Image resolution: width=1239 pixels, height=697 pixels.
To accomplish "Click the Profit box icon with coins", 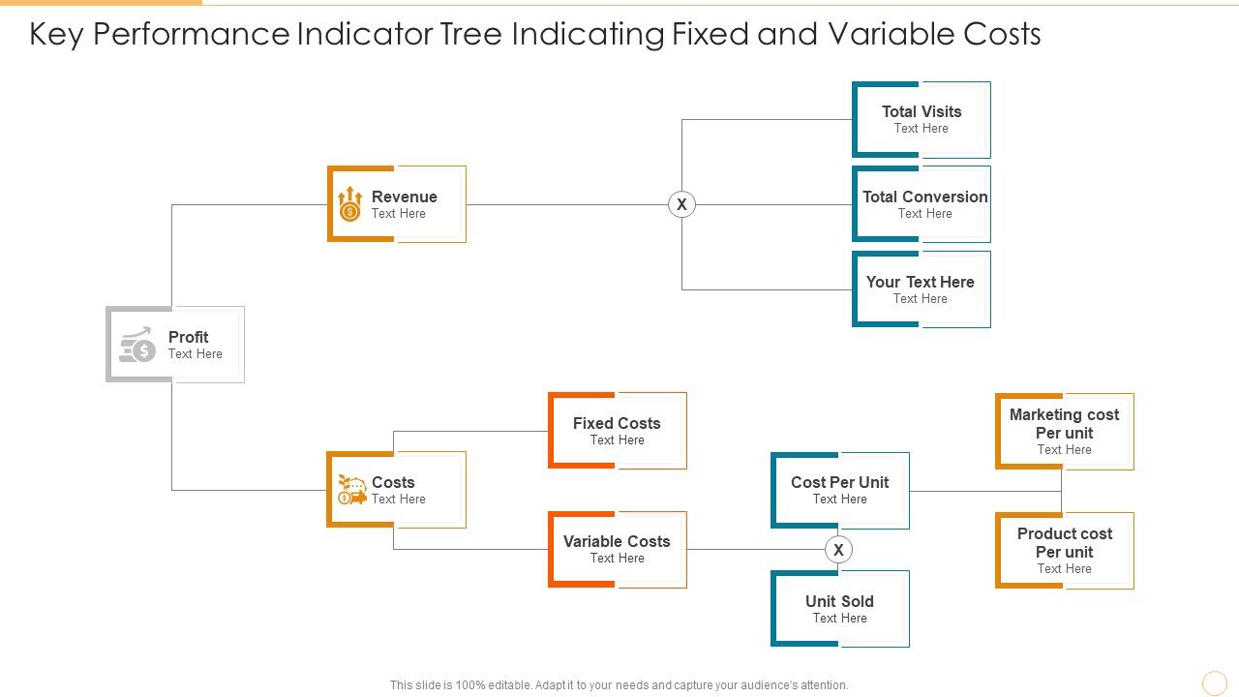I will (137, 345).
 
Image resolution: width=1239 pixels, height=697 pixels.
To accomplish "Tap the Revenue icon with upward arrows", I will (349, 204).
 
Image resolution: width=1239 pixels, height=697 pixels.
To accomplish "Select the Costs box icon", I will (351, 490).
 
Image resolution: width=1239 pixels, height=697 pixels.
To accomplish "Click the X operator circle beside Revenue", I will (681, 204).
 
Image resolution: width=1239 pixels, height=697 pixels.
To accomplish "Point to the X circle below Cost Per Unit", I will (838, 550).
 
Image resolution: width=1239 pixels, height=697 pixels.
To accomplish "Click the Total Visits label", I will (922, 112).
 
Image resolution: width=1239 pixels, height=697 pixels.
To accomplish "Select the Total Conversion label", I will (924, 197).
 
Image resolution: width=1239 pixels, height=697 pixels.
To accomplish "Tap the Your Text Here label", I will (920, 283).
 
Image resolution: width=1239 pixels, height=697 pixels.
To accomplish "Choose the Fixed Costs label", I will (617, 424).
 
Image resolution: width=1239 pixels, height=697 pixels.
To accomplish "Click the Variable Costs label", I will (617, 542).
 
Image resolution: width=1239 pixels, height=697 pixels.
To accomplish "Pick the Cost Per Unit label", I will (839, 483).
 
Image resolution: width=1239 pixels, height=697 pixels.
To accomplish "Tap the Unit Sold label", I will (839, 602).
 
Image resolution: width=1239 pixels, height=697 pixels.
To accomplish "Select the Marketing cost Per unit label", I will (1064, 424).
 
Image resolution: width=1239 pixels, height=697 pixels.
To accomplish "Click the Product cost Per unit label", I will (1064, 543).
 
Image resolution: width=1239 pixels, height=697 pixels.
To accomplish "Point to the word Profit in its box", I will (188, 337).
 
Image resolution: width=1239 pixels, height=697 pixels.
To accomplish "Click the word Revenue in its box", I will (404, 197).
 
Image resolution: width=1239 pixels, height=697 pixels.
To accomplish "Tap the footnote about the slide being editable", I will (619, 685).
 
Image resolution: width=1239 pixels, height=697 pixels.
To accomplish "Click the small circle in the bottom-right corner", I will (1214, 683).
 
